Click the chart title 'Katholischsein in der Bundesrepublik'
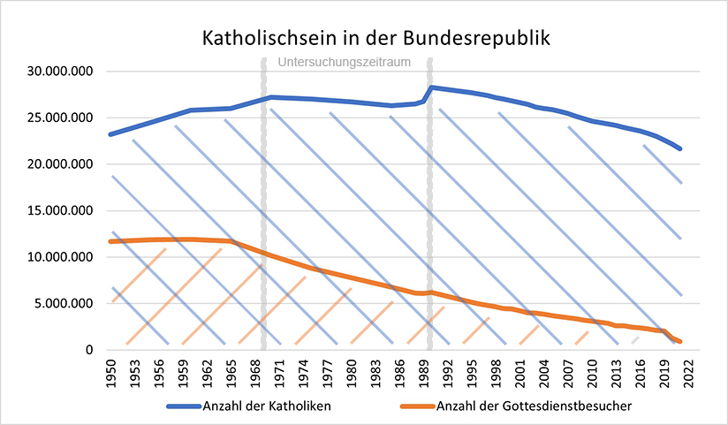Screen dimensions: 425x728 coord(364,39)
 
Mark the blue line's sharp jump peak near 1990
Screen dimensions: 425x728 coord(430,87)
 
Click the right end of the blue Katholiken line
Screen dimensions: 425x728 coord(679,148)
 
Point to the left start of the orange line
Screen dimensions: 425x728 coord(110,241)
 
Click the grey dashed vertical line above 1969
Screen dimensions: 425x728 coord(263,177)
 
